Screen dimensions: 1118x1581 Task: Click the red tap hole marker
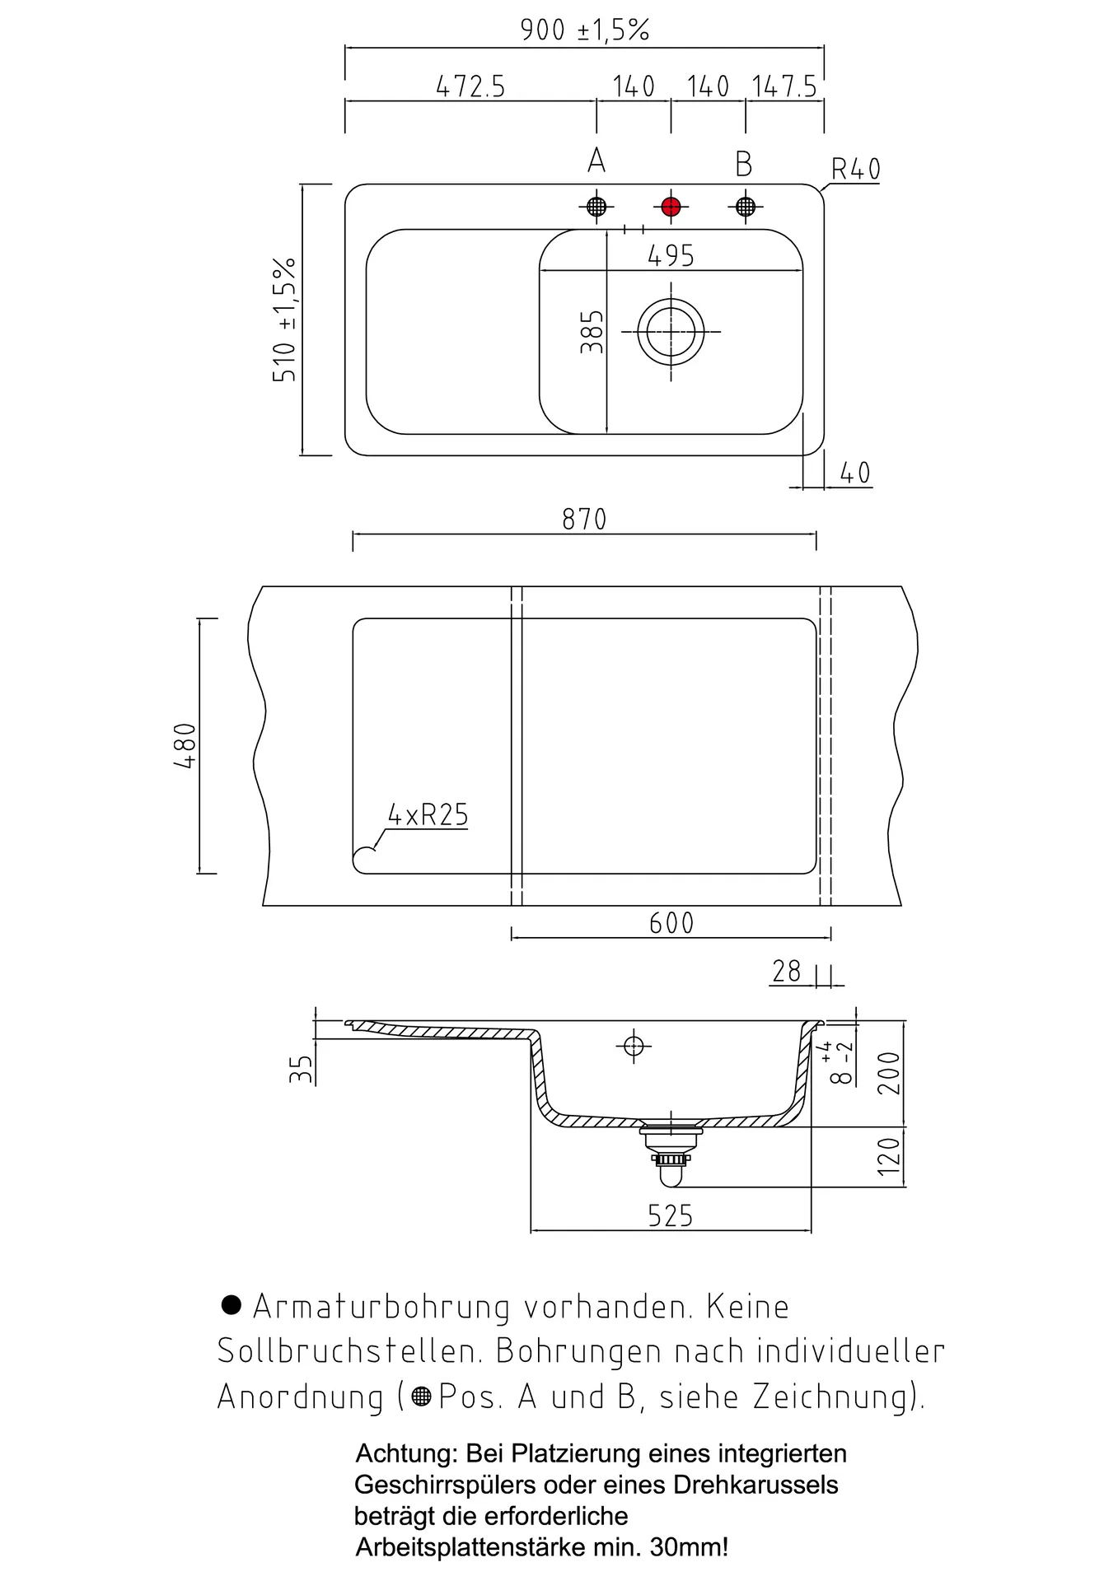point(671,206)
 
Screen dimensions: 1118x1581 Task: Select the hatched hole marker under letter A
point(596,206)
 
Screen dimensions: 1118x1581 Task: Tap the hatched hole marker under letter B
point(745,206)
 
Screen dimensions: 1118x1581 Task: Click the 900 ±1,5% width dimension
point(584,30)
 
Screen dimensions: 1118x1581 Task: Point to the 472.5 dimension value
point(470,86)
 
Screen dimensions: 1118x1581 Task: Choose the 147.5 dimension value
point(784,86)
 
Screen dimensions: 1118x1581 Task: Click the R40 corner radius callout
point(855,169)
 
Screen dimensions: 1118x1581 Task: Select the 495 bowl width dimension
point(671,255)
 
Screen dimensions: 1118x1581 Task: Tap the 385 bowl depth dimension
point(592,332)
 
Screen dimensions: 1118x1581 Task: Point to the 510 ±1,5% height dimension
point(283,319)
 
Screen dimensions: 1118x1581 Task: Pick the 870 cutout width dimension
point(584,519)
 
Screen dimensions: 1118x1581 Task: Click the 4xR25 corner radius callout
point(428,814)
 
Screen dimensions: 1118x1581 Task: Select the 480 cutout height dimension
point(185,745)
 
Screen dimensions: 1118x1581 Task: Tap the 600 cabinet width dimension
point(671,922)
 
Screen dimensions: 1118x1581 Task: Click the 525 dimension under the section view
point(670,1215)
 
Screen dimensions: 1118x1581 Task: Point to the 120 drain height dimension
point(889,1155)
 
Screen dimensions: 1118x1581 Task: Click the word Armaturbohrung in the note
point(381,1306)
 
